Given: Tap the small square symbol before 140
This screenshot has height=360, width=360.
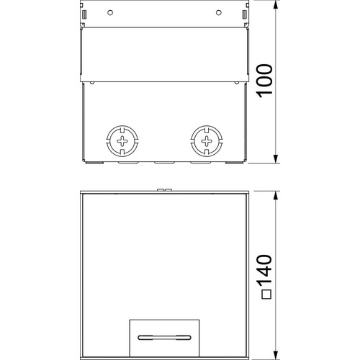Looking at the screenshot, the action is [266, 294].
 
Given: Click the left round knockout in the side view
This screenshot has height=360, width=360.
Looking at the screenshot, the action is [122, 141].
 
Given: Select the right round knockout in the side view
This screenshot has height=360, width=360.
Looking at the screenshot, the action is [207, 141].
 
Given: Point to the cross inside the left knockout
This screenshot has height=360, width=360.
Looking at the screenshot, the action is [122, 141].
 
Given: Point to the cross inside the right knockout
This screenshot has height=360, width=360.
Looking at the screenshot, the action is [207, 141].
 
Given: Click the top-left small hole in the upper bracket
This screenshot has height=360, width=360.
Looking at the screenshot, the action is [110, 12].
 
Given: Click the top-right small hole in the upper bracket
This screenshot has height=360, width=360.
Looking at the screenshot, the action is [219, 12].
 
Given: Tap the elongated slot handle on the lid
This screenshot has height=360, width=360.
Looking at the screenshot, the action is [165, 338].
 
